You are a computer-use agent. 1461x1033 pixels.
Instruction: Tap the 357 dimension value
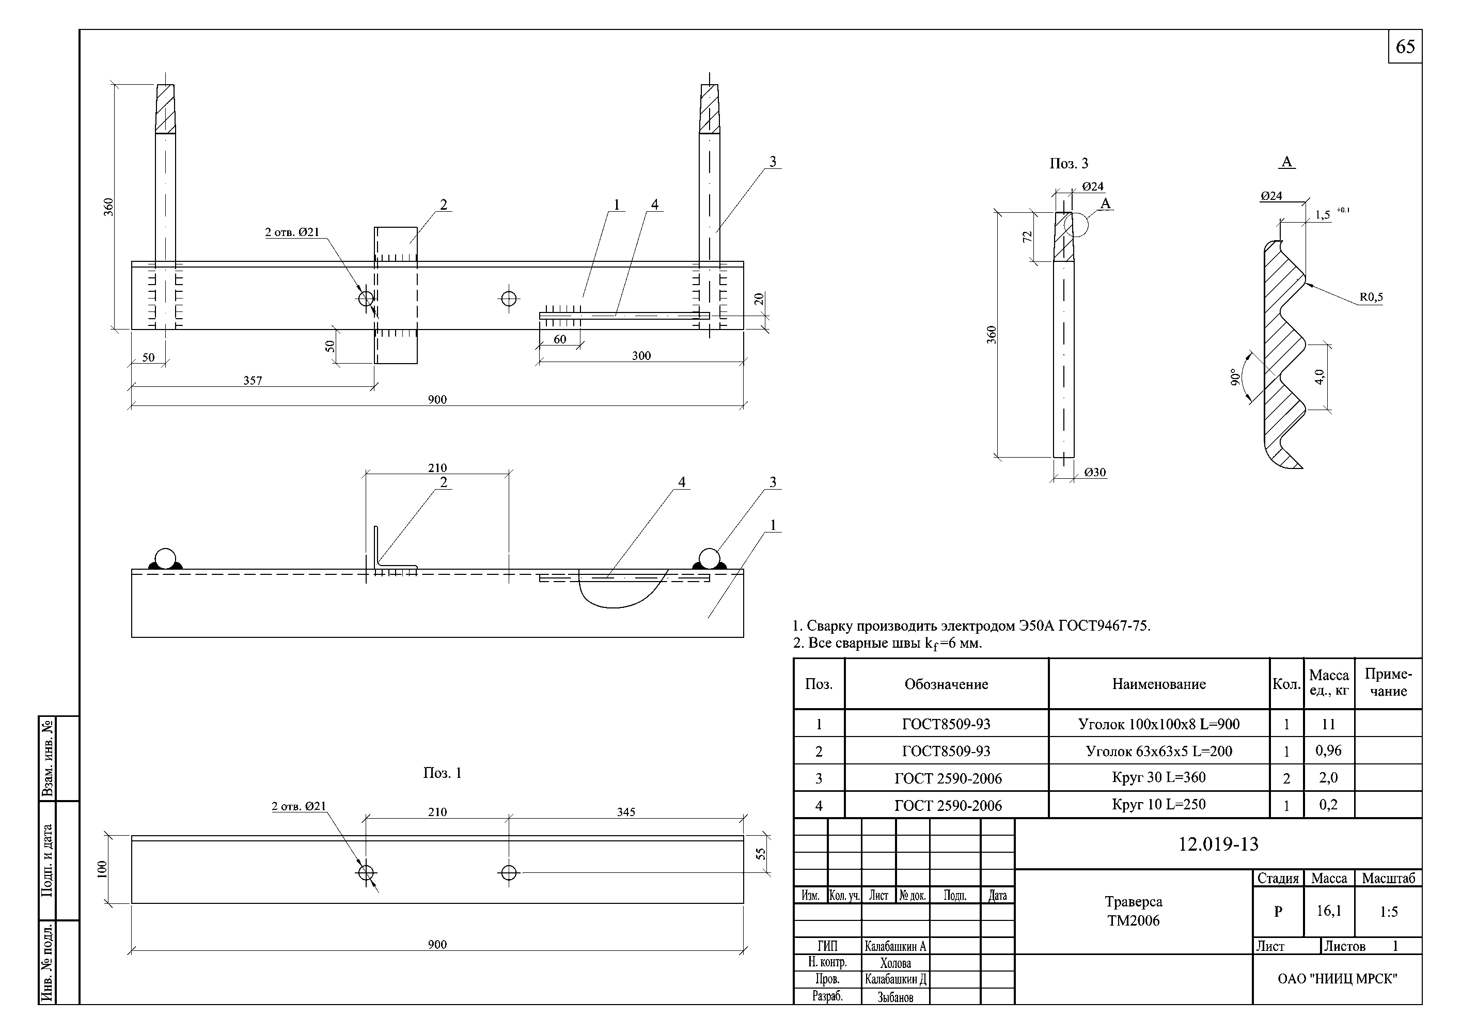253,381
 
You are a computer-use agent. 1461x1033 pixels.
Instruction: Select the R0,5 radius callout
1371,297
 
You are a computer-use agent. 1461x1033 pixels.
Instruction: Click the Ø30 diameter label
1094,472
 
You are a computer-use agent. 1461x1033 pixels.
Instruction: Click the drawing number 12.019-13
1218,844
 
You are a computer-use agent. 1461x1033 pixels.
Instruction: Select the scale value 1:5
1389,912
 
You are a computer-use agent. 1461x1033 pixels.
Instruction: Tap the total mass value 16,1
1329,911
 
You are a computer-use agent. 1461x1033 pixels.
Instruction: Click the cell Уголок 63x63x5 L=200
1159,751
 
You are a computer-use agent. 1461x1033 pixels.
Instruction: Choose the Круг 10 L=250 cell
1159,805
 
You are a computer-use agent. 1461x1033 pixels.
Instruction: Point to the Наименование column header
1159,684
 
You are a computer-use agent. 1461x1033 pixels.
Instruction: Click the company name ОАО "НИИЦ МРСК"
1337,979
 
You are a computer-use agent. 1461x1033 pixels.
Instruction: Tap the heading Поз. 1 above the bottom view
442,773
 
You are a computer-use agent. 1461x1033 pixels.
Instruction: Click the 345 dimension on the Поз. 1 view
625,812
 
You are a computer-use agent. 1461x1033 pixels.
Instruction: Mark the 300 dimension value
641,356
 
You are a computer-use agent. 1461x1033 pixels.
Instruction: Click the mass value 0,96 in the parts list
1329,751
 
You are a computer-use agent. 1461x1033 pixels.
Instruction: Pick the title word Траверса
1133,902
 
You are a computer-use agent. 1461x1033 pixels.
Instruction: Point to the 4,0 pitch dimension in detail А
1319,377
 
